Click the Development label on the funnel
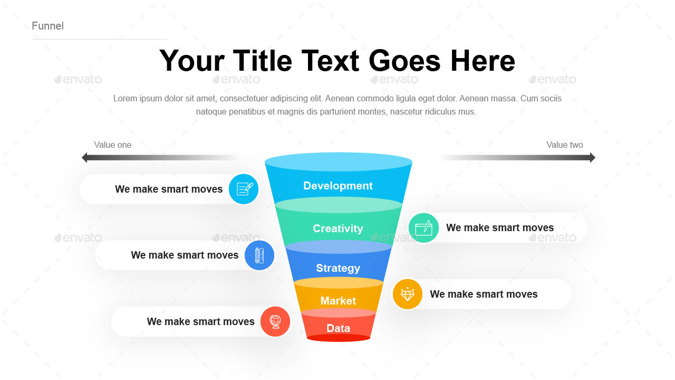click(337, 186)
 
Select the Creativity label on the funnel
click(337, 229)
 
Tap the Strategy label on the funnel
click(338, 268)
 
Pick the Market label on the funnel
click(338, 301)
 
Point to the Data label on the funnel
click(338, 328)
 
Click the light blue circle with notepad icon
click(244, 189)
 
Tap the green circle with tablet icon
click(423, 228)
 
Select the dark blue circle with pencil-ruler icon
click(259, 255)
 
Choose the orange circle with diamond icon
click(408, 294)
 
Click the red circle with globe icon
click(275, 321)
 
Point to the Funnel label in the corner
click(47, 26)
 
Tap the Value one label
click(112, 145)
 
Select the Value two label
click(564, 145)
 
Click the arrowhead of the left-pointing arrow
click(85, 157)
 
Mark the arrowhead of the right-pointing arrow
click(592, 157)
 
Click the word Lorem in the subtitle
click(125, 99)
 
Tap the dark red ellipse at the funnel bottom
click(339, 338)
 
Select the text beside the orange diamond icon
click(484, 294)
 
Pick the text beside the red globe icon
click(200, 322)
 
